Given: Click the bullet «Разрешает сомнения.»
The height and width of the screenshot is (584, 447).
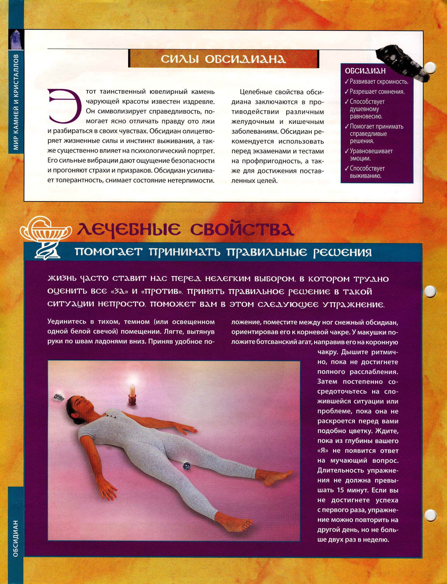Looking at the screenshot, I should coord(377,92).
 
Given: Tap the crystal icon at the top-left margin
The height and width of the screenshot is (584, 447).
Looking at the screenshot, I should coord(16,40).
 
